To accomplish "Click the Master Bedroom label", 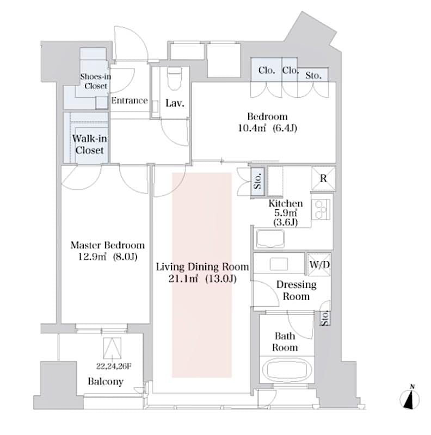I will click(107, 245).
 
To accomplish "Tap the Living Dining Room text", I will click(202, 267).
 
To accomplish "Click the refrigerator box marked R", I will click(323, 177).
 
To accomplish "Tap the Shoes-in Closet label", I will click(95, 82).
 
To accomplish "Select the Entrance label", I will click(130, 101).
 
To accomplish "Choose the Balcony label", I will click(106, 382).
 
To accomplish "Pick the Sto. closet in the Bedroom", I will click(313, 76).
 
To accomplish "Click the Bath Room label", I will click(285, 342).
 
